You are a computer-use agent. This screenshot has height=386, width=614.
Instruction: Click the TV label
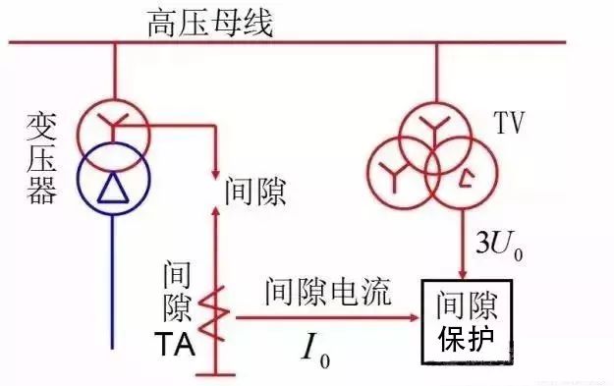(x=508, y=125)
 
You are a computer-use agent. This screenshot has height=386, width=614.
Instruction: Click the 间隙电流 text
(x=326, y=292)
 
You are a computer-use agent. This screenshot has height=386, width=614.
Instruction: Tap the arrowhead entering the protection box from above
(x=464, y=270)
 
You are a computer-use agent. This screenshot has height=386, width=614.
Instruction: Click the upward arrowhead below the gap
(x=215, y=209)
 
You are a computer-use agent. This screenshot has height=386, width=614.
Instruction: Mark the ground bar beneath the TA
(x=215, y=374)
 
